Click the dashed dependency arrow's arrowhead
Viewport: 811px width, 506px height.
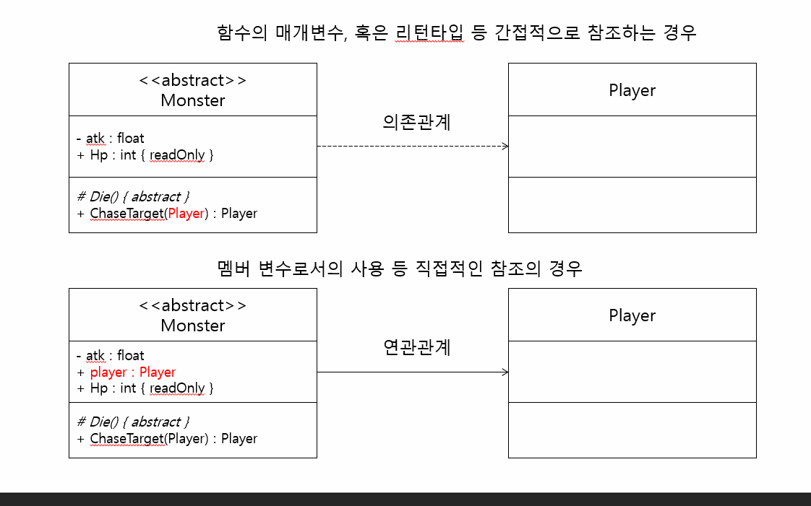tap(505, 146)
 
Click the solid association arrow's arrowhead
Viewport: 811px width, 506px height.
tap(505, 372)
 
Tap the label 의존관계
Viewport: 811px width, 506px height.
tap(416, 122)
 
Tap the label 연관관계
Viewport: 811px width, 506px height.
tap(416, 347)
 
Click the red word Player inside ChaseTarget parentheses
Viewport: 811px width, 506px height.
tap(186, 213)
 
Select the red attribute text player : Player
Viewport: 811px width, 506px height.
tap(132, 372)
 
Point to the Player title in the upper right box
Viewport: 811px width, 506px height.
tap(632, 90)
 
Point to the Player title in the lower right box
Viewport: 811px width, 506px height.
tap(632, 315)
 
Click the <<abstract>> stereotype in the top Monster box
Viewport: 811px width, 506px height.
tap(192, 80)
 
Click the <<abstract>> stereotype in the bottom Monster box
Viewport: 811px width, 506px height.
tap(192, 305)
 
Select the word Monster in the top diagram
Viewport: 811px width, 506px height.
tap(192, 100)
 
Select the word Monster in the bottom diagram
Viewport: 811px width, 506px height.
tap(192, 326)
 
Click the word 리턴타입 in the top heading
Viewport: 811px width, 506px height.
tap(429, 32)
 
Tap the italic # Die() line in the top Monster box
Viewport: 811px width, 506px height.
tap(133, 196)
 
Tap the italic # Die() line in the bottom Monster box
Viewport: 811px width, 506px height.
tap(133, 422)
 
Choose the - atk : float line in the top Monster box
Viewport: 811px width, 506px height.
tap(110, 138)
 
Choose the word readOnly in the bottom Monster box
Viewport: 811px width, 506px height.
tap(177, 388)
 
